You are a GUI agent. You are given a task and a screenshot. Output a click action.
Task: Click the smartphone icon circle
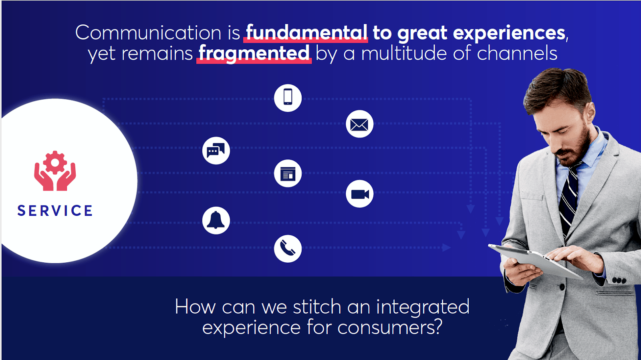pyautogui.click(x=288, y=98)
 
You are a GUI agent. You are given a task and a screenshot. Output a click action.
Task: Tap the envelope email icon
pyautogui.click(x=360, y=124)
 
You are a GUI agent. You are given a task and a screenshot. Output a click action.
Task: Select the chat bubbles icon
pyautogui.click(x=216, y=151)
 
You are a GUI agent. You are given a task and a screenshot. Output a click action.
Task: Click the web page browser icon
pyautogui.click(x=288, y=173)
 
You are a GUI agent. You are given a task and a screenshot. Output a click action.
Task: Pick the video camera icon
pyautogui.click(x=360, y=194)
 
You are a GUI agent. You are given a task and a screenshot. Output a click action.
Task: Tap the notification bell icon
pyautogui.click(x=216, y=221)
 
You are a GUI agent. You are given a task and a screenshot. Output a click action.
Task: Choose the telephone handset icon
pyautogui.click(x=288, y=249)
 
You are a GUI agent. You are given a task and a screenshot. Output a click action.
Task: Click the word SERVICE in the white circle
pyautogui.click(x=55, y=211)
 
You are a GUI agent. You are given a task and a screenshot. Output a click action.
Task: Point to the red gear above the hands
pyautogui.click(x=55, y=163)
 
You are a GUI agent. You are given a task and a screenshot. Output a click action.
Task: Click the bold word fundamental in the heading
pyautogui.click(x=306, y=32)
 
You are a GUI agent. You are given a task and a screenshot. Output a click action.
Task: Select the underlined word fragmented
pyautogui.click(x=254, y=54)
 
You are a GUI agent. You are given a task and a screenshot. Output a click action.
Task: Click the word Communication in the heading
pyautogui.click(x=148, y=32)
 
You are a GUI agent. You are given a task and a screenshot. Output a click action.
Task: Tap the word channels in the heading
pyautogui.click(x=517, y=53)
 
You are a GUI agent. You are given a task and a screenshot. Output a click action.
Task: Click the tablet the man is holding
pyautogui.click(x=536, y=261)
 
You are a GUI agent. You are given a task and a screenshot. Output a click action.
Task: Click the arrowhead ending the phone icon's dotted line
pyautogui.click(x=471, y=209)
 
